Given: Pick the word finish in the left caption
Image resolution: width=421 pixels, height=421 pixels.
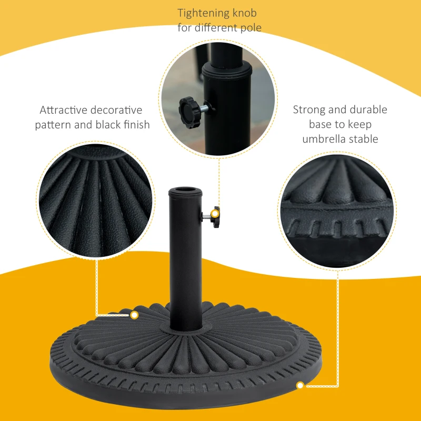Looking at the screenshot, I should pos(136,125).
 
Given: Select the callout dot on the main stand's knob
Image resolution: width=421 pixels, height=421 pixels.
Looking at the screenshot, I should pos(215,213).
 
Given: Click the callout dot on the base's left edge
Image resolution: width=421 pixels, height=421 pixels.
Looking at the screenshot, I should pos(134,315).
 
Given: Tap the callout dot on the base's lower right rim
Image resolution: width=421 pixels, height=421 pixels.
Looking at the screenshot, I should pos(300,386).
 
